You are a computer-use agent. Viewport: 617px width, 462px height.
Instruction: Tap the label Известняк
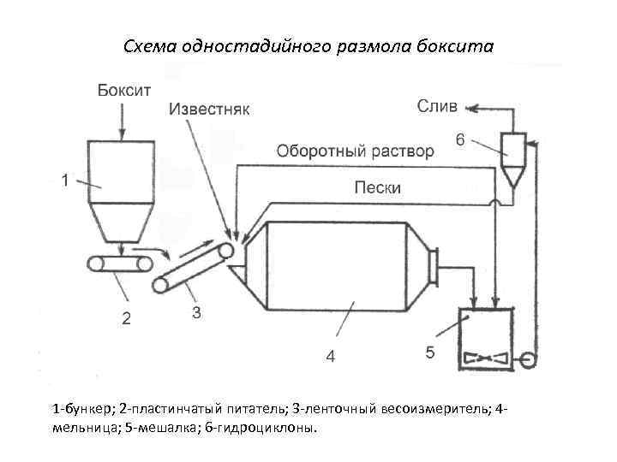point(210,110)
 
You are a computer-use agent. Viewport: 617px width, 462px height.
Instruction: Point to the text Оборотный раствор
point(355,152)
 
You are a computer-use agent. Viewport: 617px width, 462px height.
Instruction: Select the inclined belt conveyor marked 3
point(193,267)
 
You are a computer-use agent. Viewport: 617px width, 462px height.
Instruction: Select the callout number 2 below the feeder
point(126,320)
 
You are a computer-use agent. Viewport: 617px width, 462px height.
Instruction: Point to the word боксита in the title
point(459,44)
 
